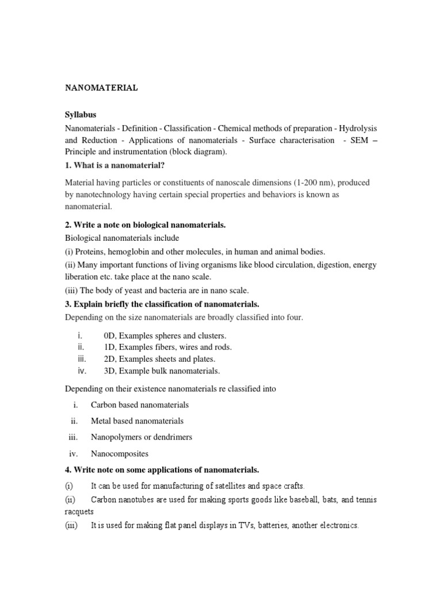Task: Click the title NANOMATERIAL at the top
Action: (x=101, y=88)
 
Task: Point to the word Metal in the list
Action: (x=101, y=421)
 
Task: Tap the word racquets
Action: (x=79, y=512)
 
